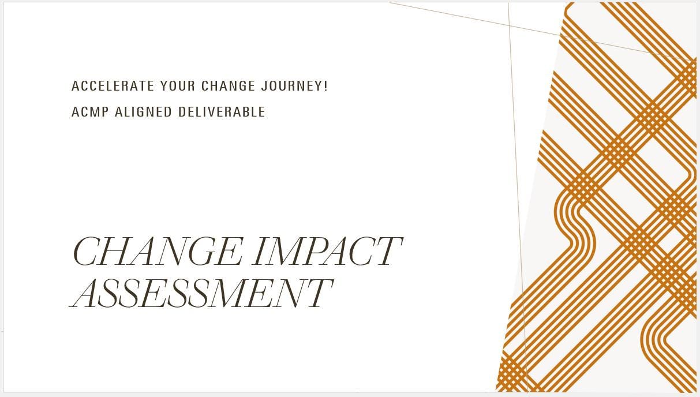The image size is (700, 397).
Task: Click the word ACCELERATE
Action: (113, 86)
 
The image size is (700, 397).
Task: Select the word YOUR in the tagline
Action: (178, 86)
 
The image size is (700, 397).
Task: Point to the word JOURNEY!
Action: (294, 86)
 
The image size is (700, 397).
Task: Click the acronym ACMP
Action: (90, 112)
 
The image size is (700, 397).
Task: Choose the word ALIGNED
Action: (143, 112)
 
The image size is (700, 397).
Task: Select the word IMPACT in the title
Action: (327, 252)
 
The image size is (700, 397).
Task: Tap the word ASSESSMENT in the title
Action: (202, 293)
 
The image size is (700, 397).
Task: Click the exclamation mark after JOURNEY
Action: (326, 86)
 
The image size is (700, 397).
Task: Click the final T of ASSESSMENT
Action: (318, 293)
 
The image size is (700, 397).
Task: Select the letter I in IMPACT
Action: (260, 252)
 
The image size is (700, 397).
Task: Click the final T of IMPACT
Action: (387, 252)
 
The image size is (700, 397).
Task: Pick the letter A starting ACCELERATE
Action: (75, 86)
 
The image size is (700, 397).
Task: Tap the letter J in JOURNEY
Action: (264, 86)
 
